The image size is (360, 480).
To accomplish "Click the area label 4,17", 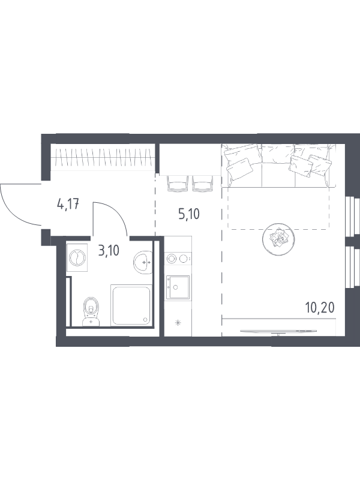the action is pyautogui.click(x=68, y=204).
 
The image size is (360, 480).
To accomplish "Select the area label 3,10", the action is pyautogui.click(x=109, y=251).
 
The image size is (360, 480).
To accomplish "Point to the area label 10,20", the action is pyautogui.click(x=320, y=307).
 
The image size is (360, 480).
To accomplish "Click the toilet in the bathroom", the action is pyautogui.click(x=91, y=311).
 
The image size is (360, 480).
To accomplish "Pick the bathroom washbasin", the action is pyautogui.click(x=142, y=262).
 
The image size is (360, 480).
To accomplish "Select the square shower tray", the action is pyautogui.click(x=131, y=305).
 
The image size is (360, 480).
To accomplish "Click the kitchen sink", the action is pyautogui.click(x=178, y=287).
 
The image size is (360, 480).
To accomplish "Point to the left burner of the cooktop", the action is pyautogui.click(x=171, y=259).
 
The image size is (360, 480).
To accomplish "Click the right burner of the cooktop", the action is pyautogui.click(x=183, y=259).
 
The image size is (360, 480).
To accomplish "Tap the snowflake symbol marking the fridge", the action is pyautogui.click(x=178, y=322).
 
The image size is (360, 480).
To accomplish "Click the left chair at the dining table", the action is pyautogui.click(x=178, y=183).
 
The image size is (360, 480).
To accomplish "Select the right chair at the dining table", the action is pyautogui.click(x=202, y=183).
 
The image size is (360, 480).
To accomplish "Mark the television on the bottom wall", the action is pyautogui.click(x=278, y=331).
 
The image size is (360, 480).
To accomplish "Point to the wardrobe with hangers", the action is pyautogui.click(x=102, y=157).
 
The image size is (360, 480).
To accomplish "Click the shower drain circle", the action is pyautogui.click(x=145, y=320).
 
